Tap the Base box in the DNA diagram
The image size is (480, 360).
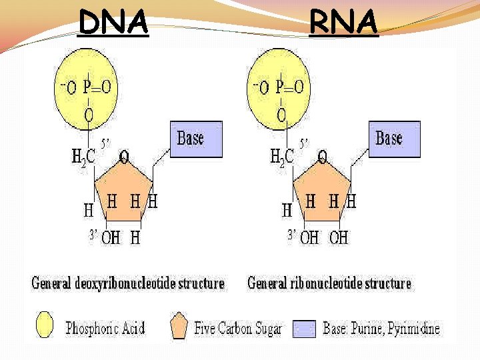pyautogui.click(x=196, y=139)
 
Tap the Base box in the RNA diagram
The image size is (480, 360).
pyautogui.click(x=394, y=139)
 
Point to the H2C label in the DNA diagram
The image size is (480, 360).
pyautogui.click(x=83, y=158)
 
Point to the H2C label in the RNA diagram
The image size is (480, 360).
pyautogui.click(x=281, y=158)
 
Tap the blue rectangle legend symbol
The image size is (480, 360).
pyautogui.click(x=305, y=328)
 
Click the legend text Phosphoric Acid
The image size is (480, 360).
pyautogui.click(x=105, y=328)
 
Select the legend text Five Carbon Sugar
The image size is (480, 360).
pyautogui.click(x=238, y=328)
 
